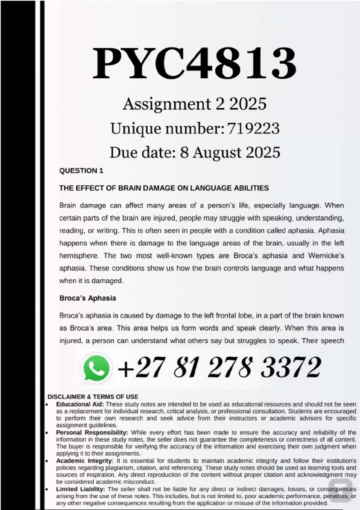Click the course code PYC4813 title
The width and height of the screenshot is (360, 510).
pyautogui.click(x=194, y=64)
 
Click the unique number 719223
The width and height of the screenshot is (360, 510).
pyautogui.click(x=253, y=128)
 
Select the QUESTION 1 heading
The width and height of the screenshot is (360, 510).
pyautogui.click(x=81, y=171)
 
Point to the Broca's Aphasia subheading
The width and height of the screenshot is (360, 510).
pyautogui.click(x=88, y=298)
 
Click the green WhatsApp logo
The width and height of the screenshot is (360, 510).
pyautogui.click(x=96, y=368)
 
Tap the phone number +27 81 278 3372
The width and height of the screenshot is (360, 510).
pyautogui.click(x=219, y=367)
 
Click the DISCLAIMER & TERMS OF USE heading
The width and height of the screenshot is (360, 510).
pyautogui.click(x=93, y=397)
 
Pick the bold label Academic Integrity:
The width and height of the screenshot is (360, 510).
pyautogui.click(x=85, y=460)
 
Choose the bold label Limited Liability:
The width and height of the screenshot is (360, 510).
pyautogui.click(x=80, y=489)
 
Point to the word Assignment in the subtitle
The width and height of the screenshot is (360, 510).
pyautogui.click(x=167, y=104)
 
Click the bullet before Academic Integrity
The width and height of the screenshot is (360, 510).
pyautogui.click(x=47, y=461)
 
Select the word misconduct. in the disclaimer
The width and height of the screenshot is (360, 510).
pyautogui.click(x=141, y=482)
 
